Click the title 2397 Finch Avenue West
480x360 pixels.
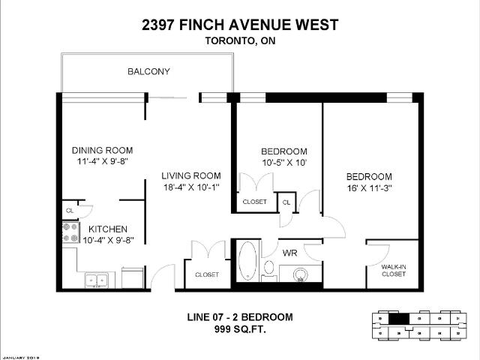240,25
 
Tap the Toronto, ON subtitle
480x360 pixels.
240,42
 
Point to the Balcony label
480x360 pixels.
148,72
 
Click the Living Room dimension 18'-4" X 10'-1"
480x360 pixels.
191,188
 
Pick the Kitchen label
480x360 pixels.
108,229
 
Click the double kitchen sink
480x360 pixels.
95,280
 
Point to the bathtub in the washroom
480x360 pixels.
247,262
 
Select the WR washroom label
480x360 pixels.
290,253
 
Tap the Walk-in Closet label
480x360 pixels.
393,270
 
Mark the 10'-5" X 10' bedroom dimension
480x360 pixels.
283,162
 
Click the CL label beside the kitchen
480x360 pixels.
69,211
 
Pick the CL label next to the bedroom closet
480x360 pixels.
286,202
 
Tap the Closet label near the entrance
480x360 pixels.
207,275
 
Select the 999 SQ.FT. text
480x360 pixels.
239,329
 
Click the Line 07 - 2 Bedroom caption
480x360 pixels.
239,317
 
